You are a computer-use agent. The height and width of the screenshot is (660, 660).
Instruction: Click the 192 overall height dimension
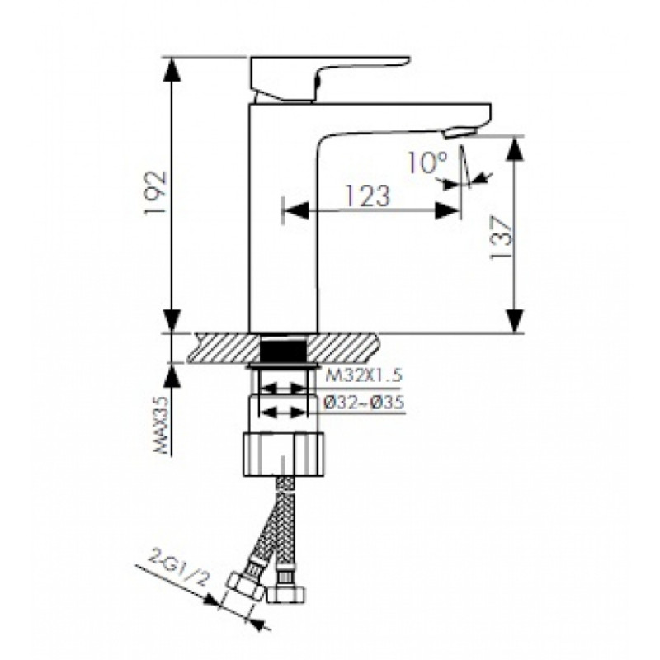point(155,193)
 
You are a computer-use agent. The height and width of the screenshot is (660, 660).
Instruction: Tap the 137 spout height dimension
point(501,239)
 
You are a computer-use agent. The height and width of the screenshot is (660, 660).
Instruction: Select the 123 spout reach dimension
point(366,196)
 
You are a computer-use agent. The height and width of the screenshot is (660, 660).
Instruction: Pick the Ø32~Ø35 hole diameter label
point(365,403)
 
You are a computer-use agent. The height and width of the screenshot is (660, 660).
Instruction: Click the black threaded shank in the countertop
point(283,348)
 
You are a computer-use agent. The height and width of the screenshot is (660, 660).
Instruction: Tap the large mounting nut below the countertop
point(284,455)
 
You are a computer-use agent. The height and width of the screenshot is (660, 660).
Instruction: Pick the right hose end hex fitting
point(285,592)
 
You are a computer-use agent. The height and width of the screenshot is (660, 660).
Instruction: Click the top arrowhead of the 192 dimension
point(172,68)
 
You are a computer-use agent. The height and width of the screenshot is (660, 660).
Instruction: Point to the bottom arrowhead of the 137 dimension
point(515,321)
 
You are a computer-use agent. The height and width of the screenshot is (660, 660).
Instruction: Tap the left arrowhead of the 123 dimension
point(296,210)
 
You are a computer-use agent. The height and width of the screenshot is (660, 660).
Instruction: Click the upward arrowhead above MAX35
point(172,375)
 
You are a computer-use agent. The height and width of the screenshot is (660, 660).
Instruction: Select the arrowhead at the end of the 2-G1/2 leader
point(212,599)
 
